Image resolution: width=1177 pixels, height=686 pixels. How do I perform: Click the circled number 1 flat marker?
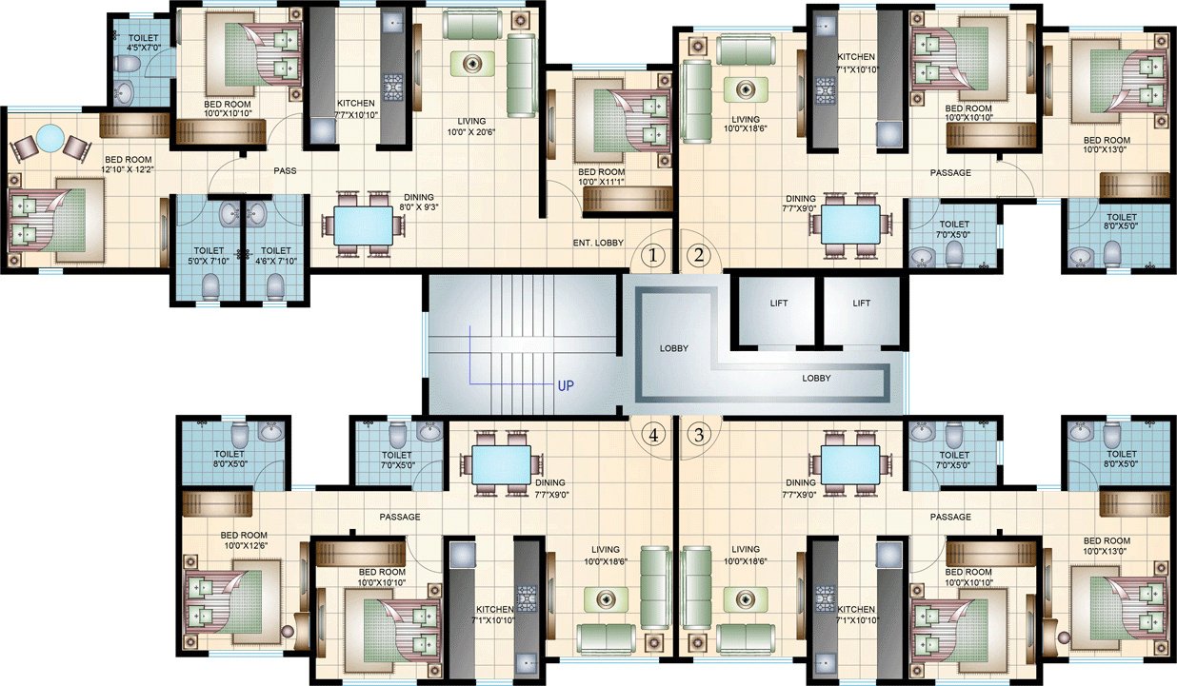(x=652, y=255)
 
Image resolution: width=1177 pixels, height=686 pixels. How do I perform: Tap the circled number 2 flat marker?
(x=700, y=255)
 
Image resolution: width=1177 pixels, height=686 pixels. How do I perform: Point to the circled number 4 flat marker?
(x=653, y=436)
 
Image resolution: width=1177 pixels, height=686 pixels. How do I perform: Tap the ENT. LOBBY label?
(x=597, y=243)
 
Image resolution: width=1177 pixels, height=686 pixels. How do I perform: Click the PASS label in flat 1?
(x=285, y=171)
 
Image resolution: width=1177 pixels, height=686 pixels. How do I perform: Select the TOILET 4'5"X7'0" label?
(x=144, y=44)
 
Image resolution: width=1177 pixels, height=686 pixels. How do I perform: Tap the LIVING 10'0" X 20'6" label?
(x=471, y=127)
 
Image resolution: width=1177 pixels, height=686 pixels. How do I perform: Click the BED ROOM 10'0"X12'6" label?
(x=245, y=540)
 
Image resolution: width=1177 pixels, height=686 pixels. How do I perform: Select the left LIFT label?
(x=779, y=304)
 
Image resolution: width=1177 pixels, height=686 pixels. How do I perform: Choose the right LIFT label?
(x=862, y=304)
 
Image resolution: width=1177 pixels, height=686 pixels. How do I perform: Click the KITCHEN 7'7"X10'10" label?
(x=355, y=109)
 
